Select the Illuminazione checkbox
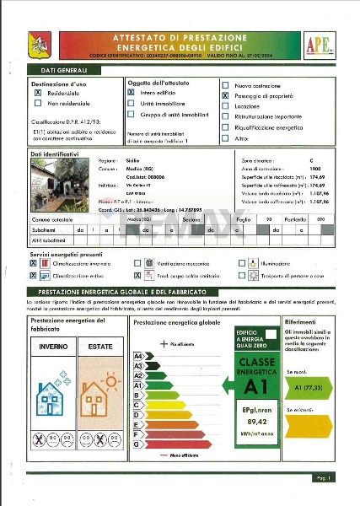242,263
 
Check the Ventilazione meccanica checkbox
137,263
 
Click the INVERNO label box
53,347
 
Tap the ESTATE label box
100,347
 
